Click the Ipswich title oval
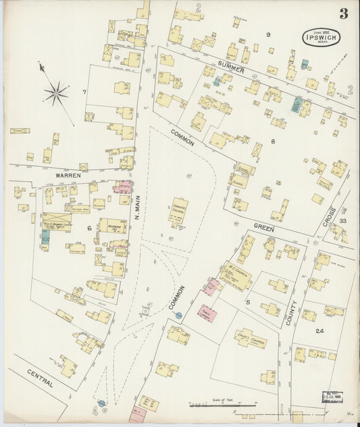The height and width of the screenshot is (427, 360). [x=321, y=36]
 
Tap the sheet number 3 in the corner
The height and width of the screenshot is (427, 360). [x=344, y=14]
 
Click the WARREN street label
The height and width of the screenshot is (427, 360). [x=68, y=175]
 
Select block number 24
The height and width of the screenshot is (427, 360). [x=319, y=331]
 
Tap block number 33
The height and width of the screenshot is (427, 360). [x=343, y=221]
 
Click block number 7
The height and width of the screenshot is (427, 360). [x=84, y=91]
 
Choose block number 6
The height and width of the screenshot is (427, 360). [x=88, y=228]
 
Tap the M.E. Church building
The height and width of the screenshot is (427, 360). [x=236, y=275]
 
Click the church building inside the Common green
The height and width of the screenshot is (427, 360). [x=178, y=212]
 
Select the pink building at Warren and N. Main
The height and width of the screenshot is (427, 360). [x=123, y=187]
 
